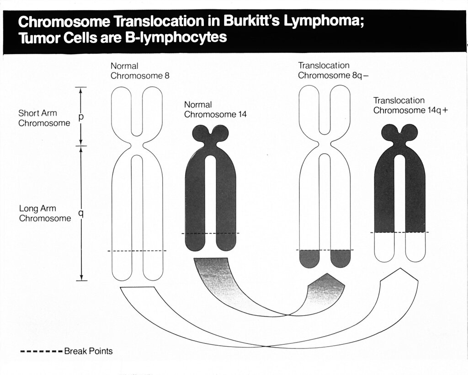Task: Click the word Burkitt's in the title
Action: tap(251, 21)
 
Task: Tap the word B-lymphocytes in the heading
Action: tap(176, 37)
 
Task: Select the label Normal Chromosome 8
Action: tap(140, 71)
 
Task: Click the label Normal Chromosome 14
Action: tap(215, 110)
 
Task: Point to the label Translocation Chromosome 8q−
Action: tap(333, 70)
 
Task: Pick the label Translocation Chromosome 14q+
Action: tap(411, 105)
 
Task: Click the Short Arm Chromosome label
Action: tap(44, 118)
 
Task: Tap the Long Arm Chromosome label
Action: tap(45, 213)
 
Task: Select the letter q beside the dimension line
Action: tap(81, 214)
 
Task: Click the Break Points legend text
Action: tap(88, 351)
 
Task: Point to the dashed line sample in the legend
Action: tap(42, 351)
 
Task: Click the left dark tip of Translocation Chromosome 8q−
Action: tap(309, 258)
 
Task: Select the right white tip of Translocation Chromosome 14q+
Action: tap(415, 247)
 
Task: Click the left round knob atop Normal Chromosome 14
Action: tap(201, 133)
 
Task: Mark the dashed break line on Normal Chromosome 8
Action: tap(137, 251)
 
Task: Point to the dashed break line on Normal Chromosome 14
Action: tap(210, 233)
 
